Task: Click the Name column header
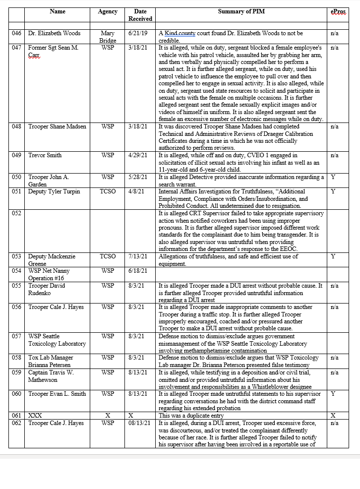coord(58,11)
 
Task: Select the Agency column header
coord(108,11)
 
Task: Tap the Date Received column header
coord(140,15)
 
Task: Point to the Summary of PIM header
coord(241,11)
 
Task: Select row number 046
coord(17,33)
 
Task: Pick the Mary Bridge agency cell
coord(108,37)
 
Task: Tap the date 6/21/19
coord(139,33)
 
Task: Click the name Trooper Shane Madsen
coord(57,126)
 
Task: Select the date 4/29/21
coord(139,155)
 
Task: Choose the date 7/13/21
coord(139,256)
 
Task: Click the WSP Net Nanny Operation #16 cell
coord(49,274)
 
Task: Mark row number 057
coord(17,336)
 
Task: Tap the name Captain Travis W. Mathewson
coord(51,376)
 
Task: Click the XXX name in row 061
coord(35,415)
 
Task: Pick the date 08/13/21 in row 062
coord(140,423)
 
